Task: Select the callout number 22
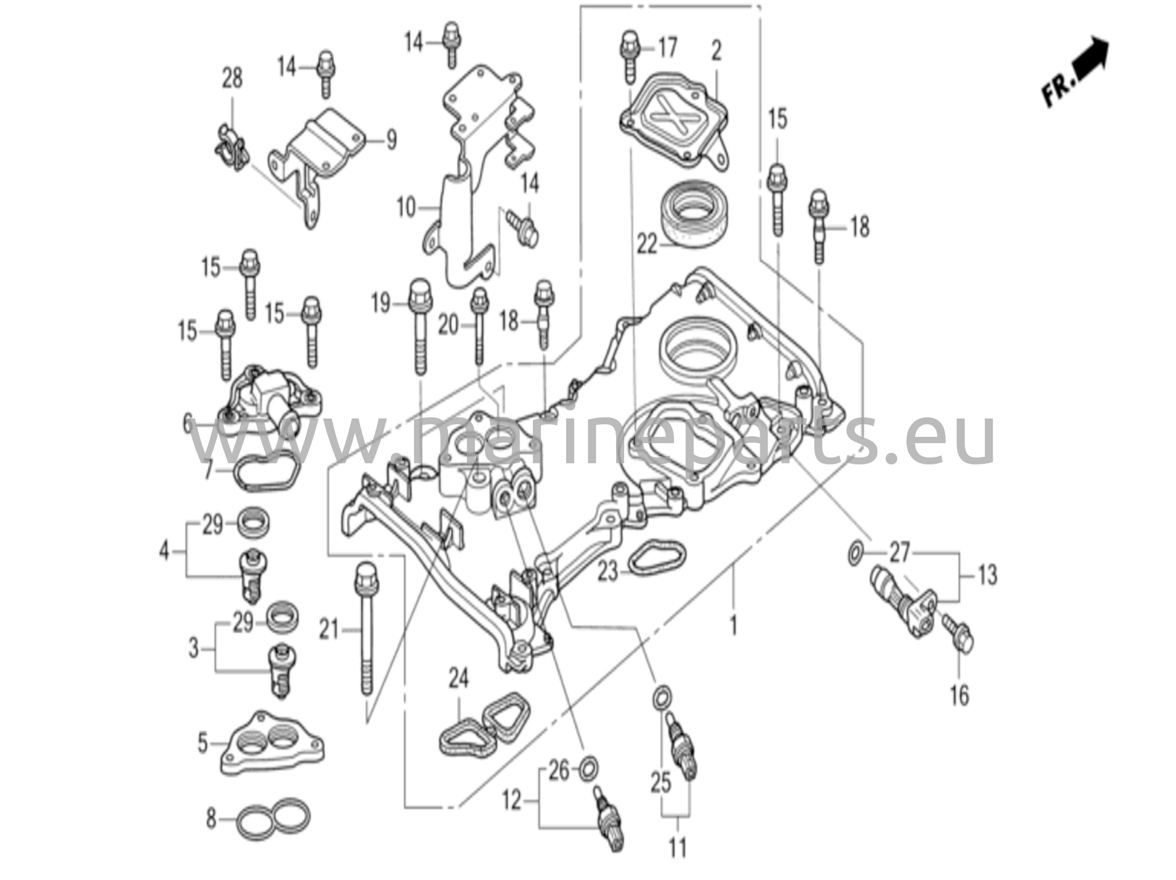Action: [647, 245]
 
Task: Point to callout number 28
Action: [232, 78]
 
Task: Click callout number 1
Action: [733, 625]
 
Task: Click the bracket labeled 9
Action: [322, 152]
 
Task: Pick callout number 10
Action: [406, 207]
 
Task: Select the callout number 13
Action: [987, 575]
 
